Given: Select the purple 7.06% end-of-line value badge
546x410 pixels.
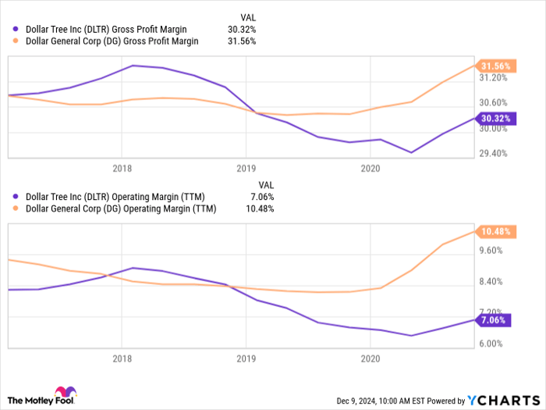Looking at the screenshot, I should coord(492,320).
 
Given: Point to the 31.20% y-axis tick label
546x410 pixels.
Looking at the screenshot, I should coord(493,78).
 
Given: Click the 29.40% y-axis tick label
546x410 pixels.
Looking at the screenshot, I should coord(493,154).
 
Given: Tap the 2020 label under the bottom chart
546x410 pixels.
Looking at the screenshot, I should coord(370,358).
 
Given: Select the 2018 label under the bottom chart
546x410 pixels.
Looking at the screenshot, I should coord(122,358).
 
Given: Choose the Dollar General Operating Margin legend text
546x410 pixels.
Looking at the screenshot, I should coord(121,209).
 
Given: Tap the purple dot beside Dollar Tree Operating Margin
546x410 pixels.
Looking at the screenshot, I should coord(16,198).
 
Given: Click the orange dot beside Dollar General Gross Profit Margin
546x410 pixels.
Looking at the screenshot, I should coord(16,41).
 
